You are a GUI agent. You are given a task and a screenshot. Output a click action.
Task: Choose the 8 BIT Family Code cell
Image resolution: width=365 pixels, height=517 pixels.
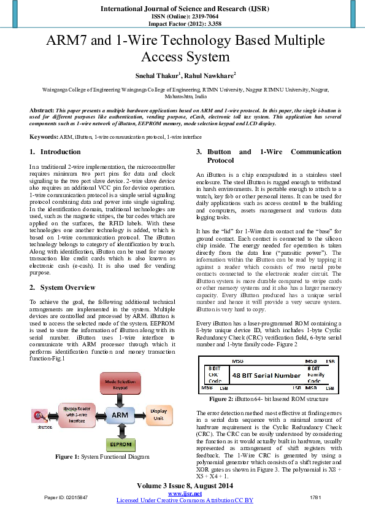[317, 374]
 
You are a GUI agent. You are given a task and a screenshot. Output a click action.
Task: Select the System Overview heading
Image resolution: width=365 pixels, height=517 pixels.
[67, 287]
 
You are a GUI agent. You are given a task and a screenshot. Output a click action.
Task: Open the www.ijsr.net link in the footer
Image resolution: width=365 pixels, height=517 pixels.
[185, 494]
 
